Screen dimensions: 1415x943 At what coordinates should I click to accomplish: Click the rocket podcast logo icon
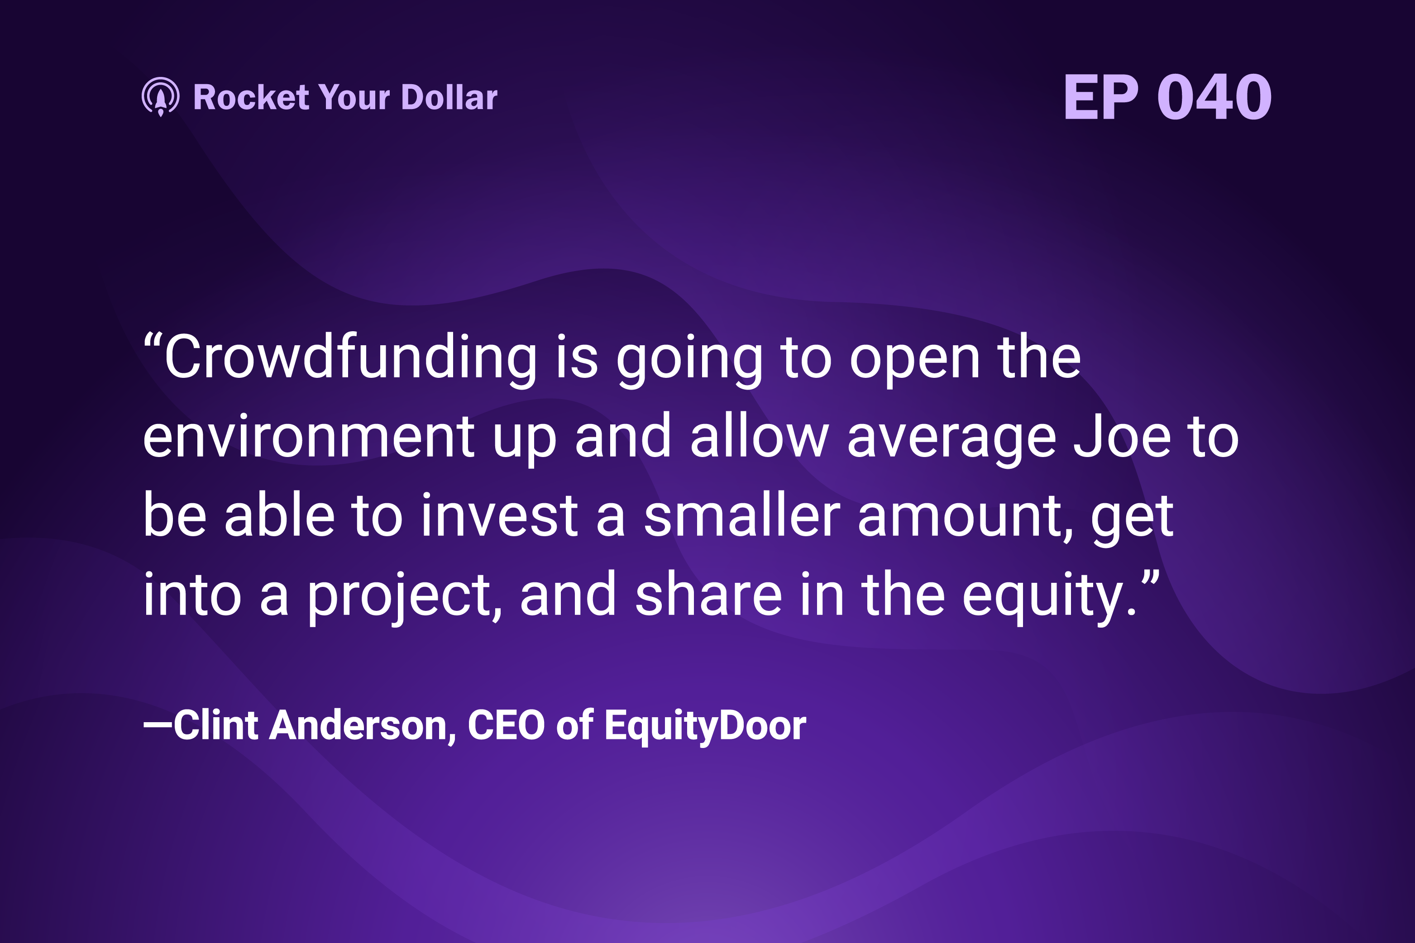point(160,97)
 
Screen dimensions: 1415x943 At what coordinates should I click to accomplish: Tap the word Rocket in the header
point(251,97)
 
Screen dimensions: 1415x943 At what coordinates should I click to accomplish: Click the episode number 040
point(1214,97)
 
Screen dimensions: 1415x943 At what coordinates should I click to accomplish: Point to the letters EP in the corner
point(1101,97)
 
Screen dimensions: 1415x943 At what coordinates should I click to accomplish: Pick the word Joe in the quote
point(1122,437)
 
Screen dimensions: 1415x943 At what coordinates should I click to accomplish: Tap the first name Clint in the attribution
point(216,725)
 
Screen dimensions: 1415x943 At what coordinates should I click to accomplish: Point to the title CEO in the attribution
point(506,725)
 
